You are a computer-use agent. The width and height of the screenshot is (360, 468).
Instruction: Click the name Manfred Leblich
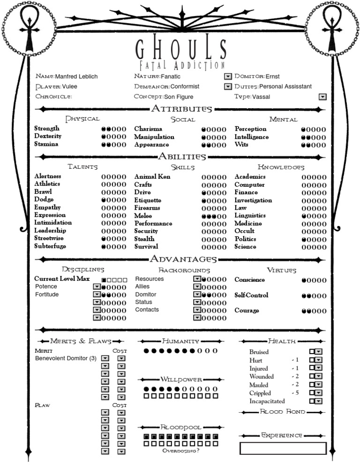click(x=76, y=76)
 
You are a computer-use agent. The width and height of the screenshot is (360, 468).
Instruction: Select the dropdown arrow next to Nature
click(x=228, y=76)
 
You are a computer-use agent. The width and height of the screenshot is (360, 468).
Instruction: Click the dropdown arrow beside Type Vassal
click(x=322, y=97)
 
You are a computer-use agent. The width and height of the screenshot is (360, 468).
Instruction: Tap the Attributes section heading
click(x=181, y=109)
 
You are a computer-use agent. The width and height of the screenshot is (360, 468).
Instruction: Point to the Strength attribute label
click(x=47, y=129)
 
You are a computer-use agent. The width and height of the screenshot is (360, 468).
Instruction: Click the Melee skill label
click(x=142, y=216)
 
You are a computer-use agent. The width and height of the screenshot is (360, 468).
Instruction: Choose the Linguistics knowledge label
click(x=250, y=216)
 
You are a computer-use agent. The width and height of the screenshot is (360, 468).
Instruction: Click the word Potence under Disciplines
click(x=46, y=287)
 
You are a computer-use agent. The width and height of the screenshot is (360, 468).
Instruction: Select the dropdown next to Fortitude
click(x=97, y=294)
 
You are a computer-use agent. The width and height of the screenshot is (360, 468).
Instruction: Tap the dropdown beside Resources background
click(x=197, y=279)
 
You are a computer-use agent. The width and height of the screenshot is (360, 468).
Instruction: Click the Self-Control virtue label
click(x=251, y=295)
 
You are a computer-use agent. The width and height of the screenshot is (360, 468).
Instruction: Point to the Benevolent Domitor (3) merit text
click(x=66, y=358)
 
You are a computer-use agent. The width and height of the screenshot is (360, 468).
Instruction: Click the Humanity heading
click(x=180, y=341)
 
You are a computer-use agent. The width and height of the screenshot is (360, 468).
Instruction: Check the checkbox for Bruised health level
click(x=312, y=351)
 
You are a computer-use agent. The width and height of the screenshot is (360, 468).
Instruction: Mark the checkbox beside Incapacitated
click(x=312, y=401)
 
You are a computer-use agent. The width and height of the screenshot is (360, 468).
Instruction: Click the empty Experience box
click(x=283, y=448)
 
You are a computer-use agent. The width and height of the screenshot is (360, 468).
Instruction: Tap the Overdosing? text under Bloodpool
click(x=180, y=451)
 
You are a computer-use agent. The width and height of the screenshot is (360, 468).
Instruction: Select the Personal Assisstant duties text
click(x=285, y=86)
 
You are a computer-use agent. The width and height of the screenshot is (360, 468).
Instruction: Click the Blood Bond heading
click(x=282, y=412)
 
